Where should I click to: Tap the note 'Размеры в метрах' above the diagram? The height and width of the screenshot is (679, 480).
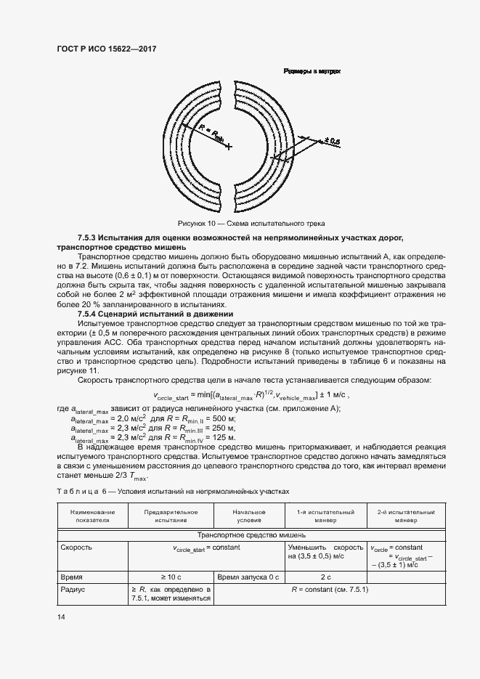(312, 71)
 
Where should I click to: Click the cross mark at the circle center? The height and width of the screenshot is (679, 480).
(229, 147)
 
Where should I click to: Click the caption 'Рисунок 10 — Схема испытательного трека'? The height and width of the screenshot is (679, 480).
(251, 222)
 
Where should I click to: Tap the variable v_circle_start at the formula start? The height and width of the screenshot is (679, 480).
(171, 397)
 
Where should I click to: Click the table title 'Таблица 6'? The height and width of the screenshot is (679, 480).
(79, 492)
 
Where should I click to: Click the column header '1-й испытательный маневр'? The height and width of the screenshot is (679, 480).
(325, 516)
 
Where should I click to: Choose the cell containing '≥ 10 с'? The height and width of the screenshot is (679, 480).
(171, 576)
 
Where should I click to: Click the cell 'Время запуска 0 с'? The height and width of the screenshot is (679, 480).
(248, 576)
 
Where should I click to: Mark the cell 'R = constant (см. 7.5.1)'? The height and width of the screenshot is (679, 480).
(330, 590)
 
